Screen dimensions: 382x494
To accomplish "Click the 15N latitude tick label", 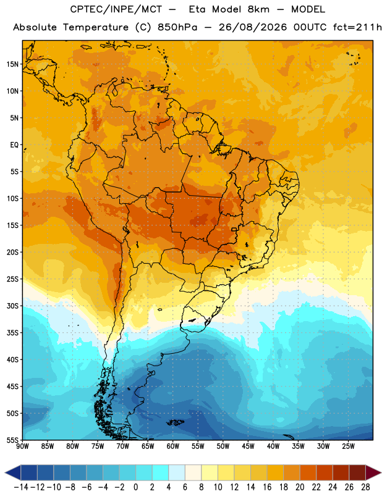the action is [x=12, y=64].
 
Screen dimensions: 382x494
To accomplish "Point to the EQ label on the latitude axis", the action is [x=14, y=144].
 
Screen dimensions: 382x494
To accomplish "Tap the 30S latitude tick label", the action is [x=12, y=306].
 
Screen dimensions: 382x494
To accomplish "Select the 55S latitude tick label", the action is [x=12, y=440].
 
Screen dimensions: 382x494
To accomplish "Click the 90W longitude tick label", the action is [x=22, y=446].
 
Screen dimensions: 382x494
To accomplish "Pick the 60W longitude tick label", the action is [x=173, y=446].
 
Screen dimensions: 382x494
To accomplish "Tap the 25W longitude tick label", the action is [x=348, y=446].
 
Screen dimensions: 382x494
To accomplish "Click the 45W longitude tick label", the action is [x=248, y=446].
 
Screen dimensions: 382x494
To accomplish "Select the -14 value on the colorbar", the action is [x=21, y=487].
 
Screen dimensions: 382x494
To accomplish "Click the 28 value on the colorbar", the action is [x=365, y=487].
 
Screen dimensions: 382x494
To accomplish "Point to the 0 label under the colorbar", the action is [x=135, y=487].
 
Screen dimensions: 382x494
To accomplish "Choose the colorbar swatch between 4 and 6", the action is [x=177, y=472].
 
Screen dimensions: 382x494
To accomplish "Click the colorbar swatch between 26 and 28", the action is [x=357, y=472].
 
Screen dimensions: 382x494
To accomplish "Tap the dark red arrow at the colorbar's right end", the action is [x=372, y=472].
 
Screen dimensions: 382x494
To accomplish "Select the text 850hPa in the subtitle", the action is [x=177, y=27].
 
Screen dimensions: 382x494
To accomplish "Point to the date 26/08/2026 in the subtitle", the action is [x=253, y=27].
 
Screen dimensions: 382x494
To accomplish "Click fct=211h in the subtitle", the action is [x=357, y=27].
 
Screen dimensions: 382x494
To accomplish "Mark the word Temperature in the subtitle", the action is [x=96, y=28].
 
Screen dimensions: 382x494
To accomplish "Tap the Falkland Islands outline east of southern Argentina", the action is [x=176, y=422].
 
